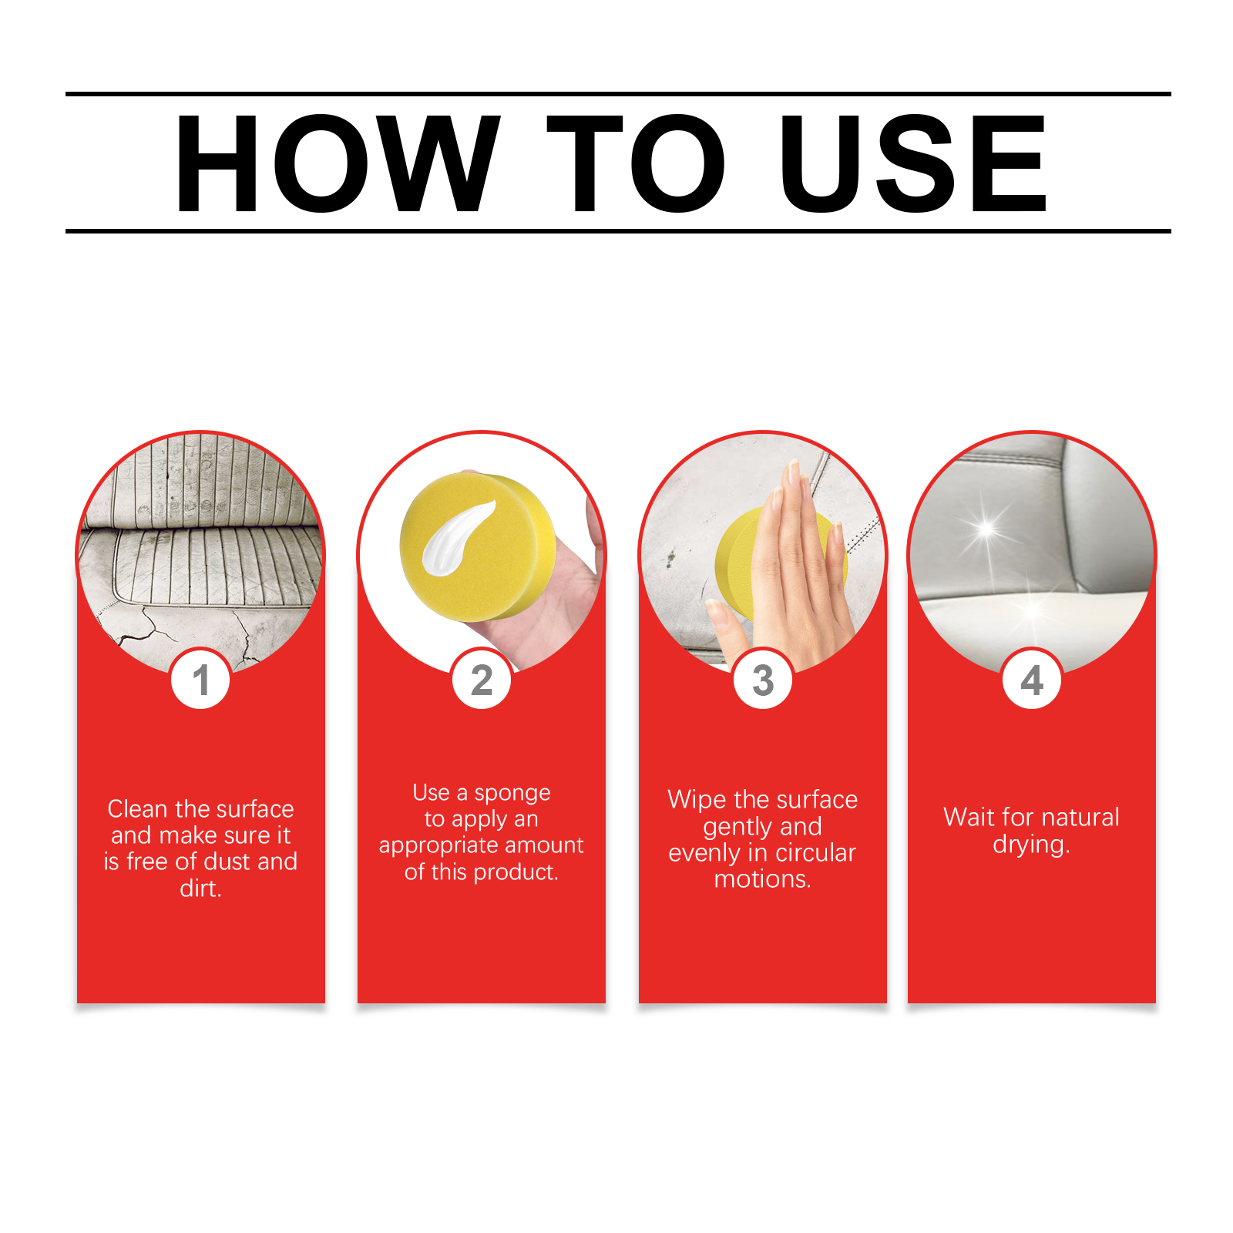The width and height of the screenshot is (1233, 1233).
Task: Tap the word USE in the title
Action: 913,163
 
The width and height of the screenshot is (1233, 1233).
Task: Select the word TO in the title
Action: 637,163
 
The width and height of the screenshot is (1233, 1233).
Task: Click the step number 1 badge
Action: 200,679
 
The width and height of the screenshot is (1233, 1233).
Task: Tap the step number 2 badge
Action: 482,679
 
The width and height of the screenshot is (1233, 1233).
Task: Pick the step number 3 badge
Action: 763,679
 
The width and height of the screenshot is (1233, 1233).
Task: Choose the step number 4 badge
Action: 1032,679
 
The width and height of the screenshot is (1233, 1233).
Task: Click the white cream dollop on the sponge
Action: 456,538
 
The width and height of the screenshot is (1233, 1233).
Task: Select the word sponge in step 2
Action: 512,794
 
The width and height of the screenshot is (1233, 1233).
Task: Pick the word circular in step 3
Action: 815,853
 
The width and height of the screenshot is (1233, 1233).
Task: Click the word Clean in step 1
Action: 137,809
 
